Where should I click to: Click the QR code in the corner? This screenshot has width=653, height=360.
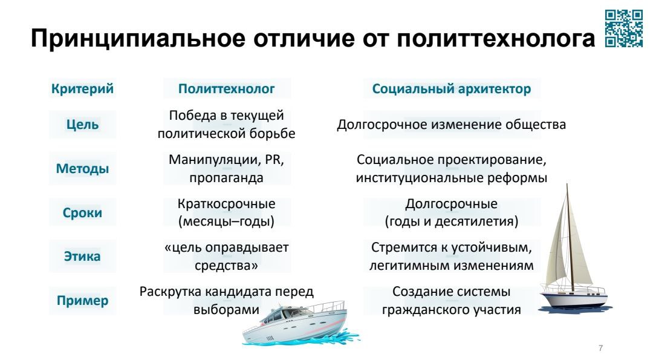tap(623, 28)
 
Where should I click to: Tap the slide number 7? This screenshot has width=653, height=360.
tap(600, 348)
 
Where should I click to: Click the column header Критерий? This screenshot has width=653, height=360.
tap(82, 88)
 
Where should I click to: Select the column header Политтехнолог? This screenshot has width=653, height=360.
tap(227, 88)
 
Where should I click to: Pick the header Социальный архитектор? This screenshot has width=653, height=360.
tap(452, 88)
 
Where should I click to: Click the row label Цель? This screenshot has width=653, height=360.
tap(82, 124)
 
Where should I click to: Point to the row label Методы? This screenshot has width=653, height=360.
tap(82, 168)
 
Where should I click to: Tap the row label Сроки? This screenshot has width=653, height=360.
tap(82, 212)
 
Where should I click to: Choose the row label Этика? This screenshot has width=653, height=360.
tap(82, 256)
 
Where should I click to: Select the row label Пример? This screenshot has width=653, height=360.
tap(82, 300)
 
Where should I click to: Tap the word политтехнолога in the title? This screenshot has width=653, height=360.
tap(496, 38)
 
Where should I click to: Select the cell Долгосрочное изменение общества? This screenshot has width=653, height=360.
tap(452, 124)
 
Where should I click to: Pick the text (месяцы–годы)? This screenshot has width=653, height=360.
tap(227, 221)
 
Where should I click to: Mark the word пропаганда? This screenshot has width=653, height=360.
tap(227, 177)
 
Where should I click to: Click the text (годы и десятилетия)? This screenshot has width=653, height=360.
tap(452, 221)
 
